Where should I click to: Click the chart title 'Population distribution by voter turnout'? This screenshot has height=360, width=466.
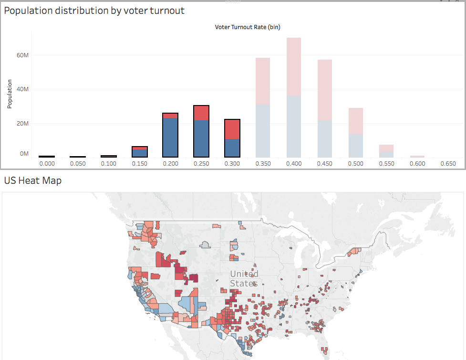pyautogui.click(x=94, y=11)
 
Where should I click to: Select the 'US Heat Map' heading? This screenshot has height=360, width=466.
pyautogui.click(x=33, y=181)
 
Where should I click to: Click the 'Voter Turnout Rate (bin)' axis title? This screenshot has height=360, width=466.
pyautogui.click(x=248, y=27)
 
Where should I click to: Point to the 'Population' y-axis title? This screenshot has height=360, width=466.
pyautogui.click(x=10, y=94)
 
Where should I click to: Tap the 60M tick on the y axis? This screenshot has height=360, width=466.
pyautogui.click(x=22, y=55)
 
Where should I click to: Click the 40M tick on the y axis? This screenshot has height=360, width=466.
pyautogui.click(x=22, y=89)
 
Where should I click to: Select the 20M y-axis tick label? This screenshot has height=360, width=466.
pyautogui.click(x=22, y=123)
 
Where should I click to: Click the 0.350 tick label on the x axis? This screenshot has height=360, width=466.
pyautogui.click(x=263, y=163)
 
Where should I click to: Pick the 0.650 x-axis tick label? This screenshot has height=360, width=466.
pyautogui.click(x=448, y=163)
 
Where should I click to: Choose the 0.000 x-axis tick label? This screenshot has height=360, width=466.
pyautogui.click(x=47, y=163)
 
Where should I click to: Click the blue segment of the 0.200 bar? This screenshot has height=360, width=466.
pyautogui.click(x=170, y=138)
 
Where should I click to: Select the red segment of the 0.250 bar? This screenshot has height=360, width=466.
pyautogui.click(x=201, y=113)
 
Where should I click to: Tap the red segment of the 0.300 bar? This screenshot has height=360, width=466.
pyautogui.click(x=232, y=129)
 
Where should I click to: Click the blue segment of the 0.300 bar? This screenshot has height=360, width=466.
pyautogui.click(x=232, y=148)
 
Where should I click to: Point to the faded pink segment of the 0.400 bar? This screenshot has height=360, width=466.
pyautogui.click(x=294, y=67)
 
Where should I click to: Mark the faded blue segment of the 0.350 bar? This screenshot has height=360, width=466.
pyautogui.click(x=263, y=131)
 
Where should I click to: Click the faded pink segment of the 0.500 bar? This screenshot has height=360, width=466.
pyautogui.click(x=356, y=121)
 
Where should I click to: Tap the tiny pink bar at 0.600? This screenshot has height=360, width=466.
pyautogui.click(x=417, y=156)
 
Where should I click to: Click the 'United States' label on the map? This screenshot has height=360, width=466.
pyautogui.click(x=244, y=278)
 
